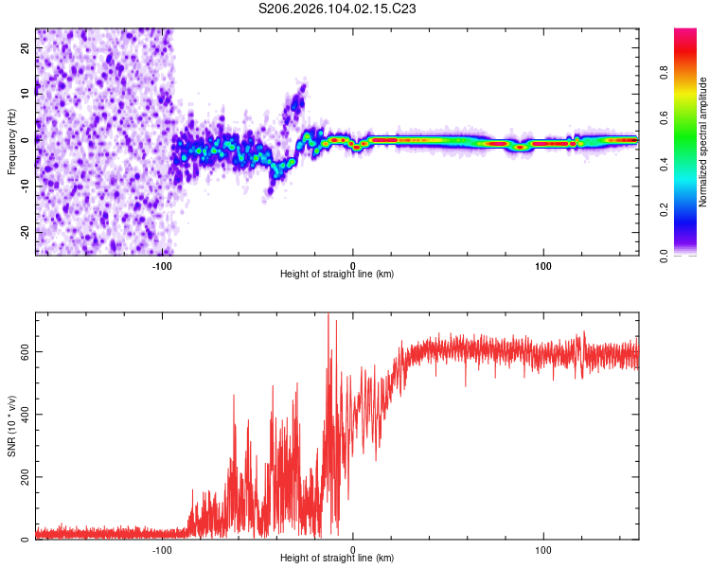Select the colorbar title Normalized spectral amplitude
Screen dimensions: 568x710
(703, 142)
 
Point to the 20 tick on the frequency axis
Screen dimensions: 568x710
(26, 46)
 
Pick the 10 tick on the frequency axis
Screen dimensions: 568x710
(26, 93)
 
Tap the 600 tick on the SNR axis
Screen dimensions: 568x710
(26, 350)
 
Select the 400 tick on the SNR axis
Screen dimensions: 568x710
(26, 414)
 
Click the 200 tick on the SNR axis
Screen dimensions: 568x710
(26, 476)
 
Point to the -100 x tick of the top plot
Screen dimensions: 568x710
(162, 264)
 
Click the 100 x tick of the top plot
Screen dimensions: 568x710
(543, 264)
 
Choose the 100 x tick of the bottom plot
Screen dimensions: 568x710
(543, 548)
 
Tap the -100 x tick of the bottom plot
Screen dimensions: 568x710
(162, 548)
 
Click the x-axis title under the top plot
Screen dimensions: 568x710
(337, 275)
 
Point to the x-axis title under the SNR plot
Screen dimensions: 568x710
(337, 559)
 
